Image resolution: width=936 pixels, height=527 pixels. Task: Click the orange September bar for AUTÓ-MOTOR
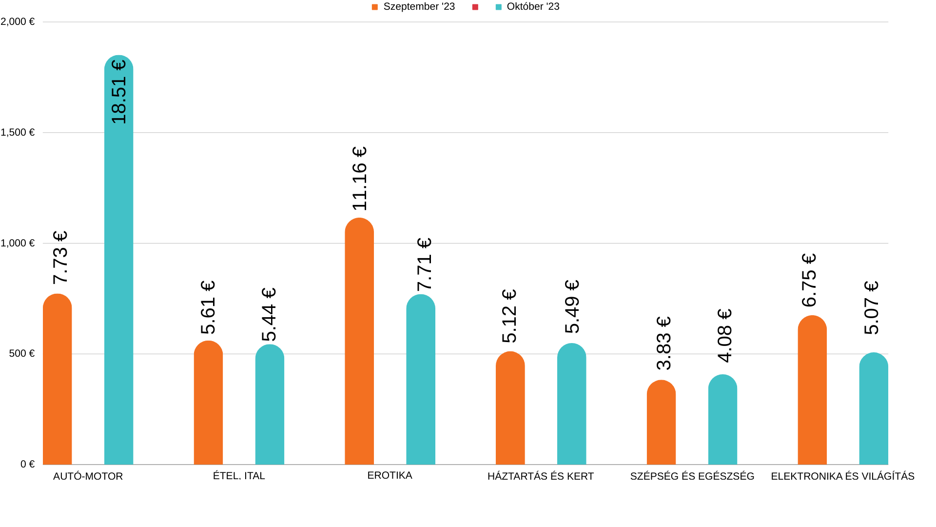[57, 381]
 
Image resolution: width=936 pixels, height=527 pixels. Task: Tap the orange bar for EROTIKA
[359, 342]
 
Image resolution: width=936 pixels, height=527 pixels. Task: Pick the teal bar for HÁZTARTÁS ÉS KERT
[571, 405]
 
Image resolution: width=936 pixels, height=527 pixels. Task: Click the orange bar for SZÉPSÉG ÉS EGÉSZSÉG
[661, 423]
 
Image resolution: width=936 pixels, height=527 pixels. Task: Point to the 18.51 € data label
[118, 92]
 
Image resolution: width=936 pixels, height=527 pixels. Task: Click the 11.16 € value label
[359, 179]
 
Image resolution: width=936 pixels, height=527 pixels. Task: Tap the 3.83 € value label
[663, 343]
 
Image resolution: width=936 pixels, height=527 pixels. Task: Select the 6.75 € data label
[809, 280]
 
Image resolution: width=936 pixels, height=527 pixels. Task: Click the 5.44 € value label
[269, 314]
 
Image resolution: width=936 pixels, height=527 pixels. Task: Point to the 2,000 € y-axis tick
[18, 21]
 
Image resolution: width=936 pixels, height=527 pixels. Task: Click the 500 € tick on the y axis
[22, 353]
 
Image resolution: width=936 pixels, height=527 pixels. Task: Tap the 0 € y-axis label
[27, 464]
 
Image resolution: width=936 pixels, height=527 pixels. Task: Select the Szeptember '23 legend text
[419, 7]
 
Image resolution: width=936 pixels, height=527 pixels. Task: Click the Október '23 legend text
[533, 7]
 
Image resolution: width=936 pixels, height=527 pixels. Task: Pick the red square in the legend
[475, 7]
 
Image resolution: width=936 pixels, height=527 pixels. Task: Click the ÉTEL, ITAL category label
[239, 476]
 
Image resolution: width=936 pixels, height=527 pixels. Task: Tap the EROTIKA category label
[390, 475]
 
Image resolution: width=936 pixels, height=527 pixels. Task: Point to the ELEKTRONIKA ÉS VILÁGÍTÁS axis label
[842, 476]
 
